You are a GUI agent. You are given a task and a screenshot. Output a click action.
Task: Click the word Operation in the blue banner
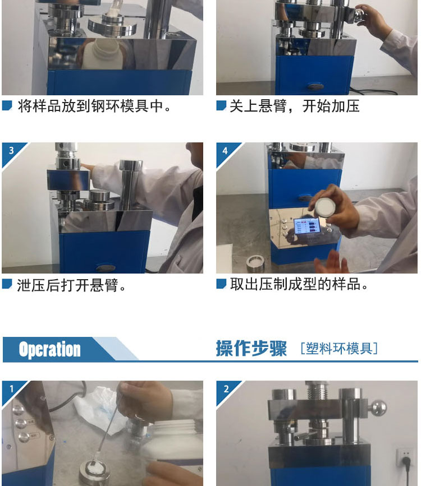[x=49, y=349]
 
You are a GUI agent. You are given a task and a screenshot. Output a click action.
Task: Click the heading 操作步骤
[x=251, y=348]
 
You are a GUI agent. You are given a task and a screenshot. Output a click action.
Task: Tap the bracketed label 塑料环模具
[x=339, y=348]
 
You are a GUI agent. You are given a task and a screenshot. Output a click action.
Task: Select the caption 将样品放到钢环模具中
[x=94, y=106]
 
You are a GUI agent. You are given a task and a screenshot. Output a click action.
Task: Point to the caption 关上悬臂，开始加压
[x=294, y=106]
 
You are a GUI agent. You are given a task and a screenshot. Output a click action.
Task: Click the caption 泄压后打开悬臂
[x=71, y=285]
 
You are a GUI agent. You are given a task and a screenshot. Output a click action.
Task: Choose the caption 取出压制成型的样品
[x=299, y=284]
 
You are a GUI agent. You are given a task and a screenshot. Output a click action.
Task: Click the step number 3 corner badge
[x=11, y=151]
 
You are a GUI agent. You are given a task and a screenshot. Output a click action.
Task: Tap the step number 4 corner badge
[x=225, y=151]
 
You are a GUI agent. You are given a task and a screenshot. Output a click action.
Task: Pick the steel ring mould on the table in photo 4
[x=255, y=263]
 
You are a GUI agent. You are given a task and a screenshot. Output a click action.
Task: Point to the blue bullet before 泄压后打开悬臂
[x=7, y=284]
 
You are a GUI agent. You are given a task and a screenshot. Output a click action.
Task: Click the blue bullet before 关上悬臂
[x=221, y=105]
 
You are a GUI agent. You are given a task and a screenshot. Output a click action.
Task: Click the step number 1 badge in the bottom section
[x=11, y=388]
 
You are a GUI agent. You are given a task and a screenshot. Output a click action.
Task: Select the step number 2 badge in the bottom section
[x=226, y=388]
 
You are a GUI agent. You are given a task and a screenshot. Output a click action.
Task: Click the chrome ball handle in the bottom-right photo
[x=378, y=408]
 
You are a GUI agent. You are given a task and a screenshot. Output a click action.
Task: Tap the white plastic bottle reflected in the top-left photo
[x=103, y=54]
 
